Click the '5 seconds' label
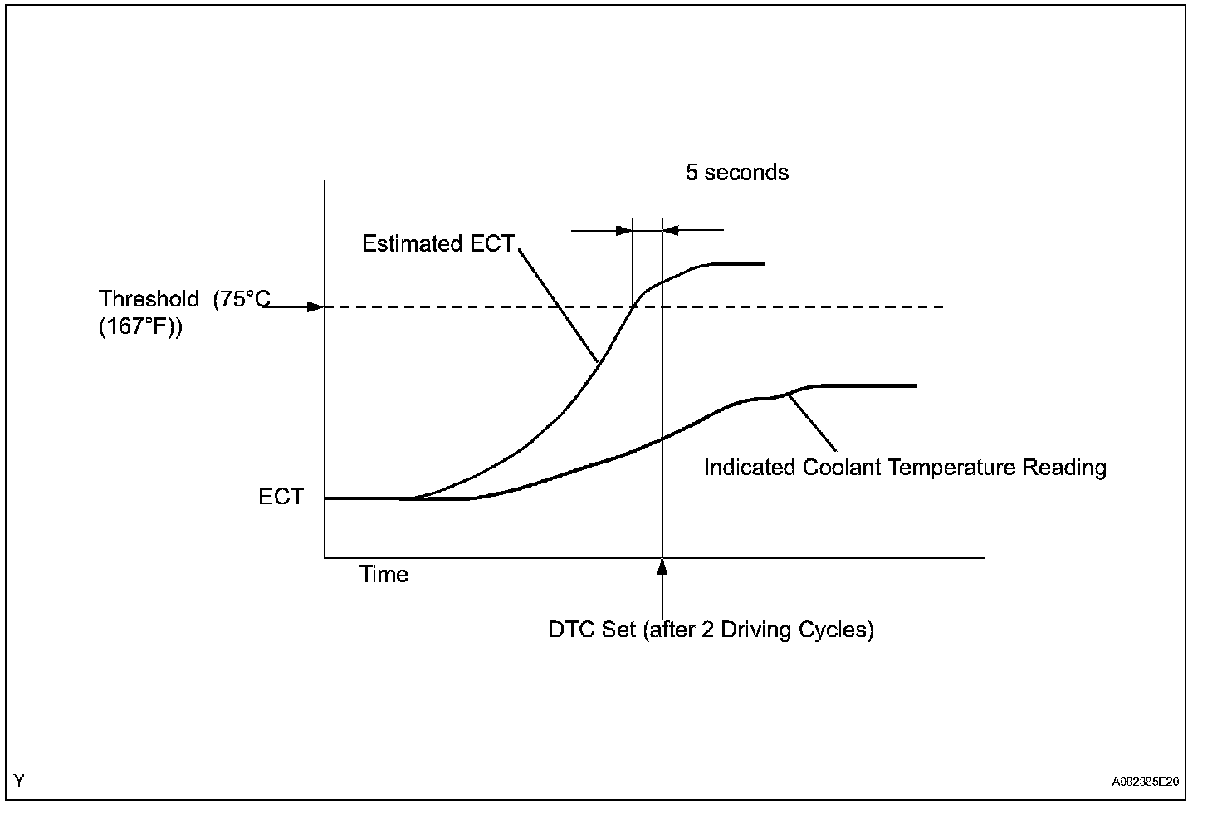pyautogui.click(x=736, y=173)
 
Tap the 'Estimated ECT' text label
pyautogui.click(x=437, y=244)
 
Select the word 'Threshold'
pyautogui.click(x=149, y=299)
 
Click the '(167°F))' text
pyautogui.click(x=140, y=327)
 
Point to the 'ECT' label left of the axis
pyautogui.click(x=281, y=497)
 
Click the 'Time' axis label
pyautogui.click(x=384, y=575)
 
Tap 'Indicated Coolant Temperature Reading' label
pyautogui.click(x=905, y=468)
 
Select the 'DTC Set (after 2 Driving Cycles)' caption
pyautogui.click(x=711, y=630)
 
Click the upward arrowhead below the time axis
pyautogui.click(x=662, y=566)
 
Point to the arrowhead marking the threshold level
pyautogui.click(x=315, y=307)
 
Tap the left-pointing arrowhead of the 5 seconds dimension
pyautogui.click(x=671, y=230)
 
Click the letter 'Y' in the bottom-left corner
pyautogui.click(x=19, y=781)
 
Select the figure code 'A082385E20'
pyautogui.click(x=1146, y=782)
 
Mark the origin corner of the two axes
pyautogui.click(x=325, y=557)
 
